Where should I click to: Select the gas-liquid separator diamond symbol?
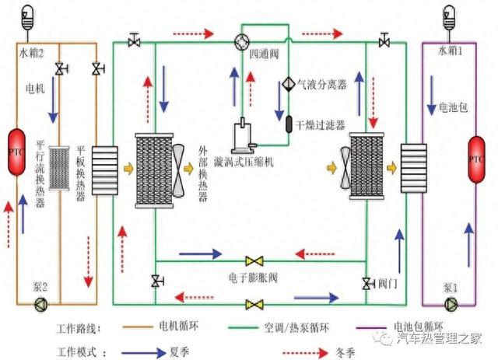286,83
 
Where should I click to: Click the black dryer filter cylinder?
286,122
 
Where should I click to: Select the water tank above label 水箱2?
27,16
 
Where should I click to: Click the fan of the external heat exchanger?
179,170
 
